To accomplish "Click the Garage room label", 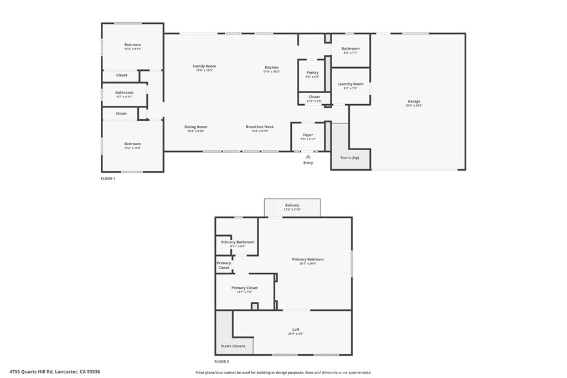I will [414, 101].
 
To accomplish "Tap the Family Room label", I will [204, 66].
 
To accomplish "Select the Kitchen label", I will [271, 68].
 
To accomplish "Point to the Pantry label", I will [312, 72].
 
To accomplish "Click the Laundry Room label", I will [350, 84].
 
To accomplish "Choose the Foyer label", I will [308, 135].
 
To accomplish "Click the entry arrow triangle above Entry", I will [308, 156].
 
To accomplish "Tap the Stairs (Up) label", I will [348, 158].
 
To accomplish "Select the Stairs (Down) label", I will [233, 346].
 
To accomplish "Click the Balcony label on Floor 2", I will [292, 205].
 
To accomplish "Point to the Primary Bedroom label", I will [308, 259].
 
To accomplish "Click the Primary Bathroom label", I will [238, 242].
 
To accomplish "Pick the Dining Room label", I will [195, 127].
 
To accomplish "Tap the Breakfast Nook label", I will [260, 127].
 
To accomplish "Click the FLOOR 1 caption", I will [107, 179].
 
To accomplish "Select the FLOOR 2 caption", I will [221, 361].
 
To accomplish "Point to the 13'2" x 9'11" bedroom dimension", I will [132, 49].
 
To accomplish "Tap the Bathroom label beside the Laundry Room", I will [350, 49].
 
